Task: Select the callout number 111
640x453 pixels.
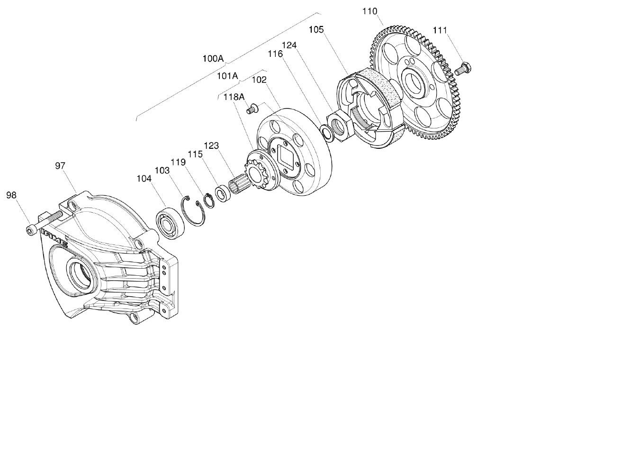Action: [x=440, y=30]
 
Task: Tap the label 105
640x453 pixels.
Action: [x=316, y=29]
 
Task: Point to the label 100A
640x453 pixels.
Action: [x=213, y=59]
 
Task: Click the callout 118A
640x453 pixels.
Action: [x=234, y=97]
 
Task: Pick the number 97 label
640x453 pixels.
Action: [x=60, y=165]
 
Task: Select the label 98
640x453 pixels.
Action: [x=11, y=195]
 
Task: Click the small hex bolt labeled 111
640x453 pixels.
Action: [x=461, y=68]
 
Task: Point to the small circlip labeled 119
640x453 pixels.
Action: [x=208, y=199]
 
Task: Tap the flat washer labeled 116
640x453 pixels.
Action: [x=326, y=132]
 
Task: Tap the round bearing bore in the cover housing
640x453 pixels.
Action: [x=81, y=273]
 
